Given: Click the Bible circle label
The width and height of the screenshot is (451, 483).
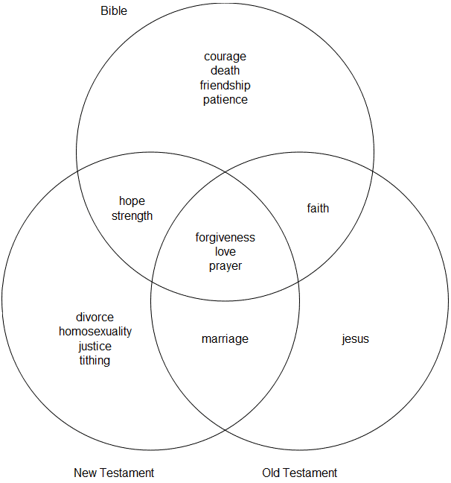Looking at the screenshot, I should tap(114, 11).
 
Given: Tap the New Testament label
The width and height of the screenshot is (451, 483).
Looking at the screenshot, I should tap(114, 473).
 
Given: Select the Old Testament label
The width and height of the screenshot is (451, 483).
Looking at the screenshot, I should tap(299, 473).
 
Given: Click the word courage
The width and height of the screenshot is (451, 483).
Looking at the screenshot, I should tap(225, 57).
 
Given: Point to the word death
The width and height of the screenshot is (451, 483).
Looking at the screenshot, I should tap(225, 71).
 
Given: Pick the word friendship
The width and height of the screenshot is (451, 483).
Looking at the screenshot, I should tap(225, 85).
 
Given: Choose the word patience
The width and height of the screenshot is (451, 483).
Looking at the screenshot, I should tap(225, 99).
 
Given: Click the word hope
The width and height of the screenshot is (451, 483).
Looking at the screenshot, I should tap(132, 201).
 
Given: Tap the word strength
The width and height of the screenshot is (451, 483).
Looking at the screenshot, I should tap(132, 216).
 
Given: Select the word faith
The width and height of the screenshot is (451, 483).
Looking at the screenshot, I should tap(318, 209).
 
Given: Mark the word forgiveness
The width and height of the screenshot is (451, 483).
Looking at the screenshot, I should tap(225, 238).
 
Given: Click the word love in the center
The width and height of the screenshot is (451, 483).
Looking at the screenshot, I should tap(225, 252).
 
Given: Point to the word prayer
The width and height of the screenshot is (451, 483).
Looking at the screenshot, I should tap(225, 266).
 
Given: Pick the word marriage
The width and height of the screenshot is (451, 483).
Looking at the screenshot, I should tap(225, 339).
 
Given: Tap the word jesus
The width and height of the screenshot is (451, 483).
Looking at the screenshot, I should tap(355, 339).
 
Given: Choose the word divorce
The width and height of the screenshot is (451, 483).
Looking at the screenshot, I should tap(95, 318).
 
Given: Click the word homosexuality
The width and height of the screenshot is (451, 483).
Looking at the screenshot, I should tap(95, 332).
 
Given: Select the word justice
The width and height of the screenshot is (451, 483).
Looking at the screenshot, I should tap(95, 346).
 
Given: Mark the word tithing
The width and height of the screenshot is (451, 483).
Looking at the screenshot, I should tap(95, 361).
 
